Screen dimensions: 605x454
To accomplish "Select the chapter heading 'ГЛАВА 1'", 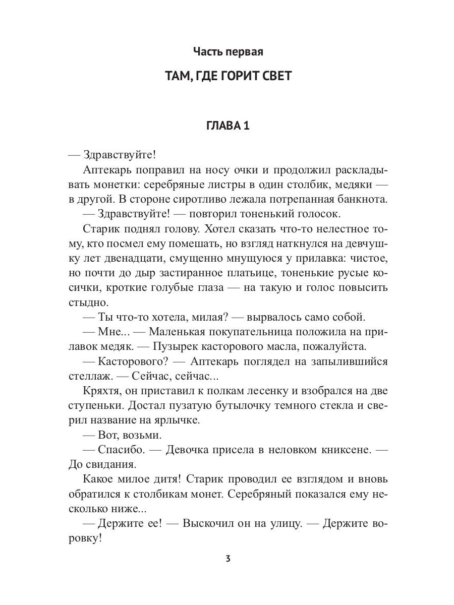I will (228, 126).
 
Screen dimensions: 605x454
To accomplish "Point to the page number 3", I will (228, 559).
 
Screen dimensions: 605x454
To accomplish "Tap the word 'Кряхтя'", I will (98, 391).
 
